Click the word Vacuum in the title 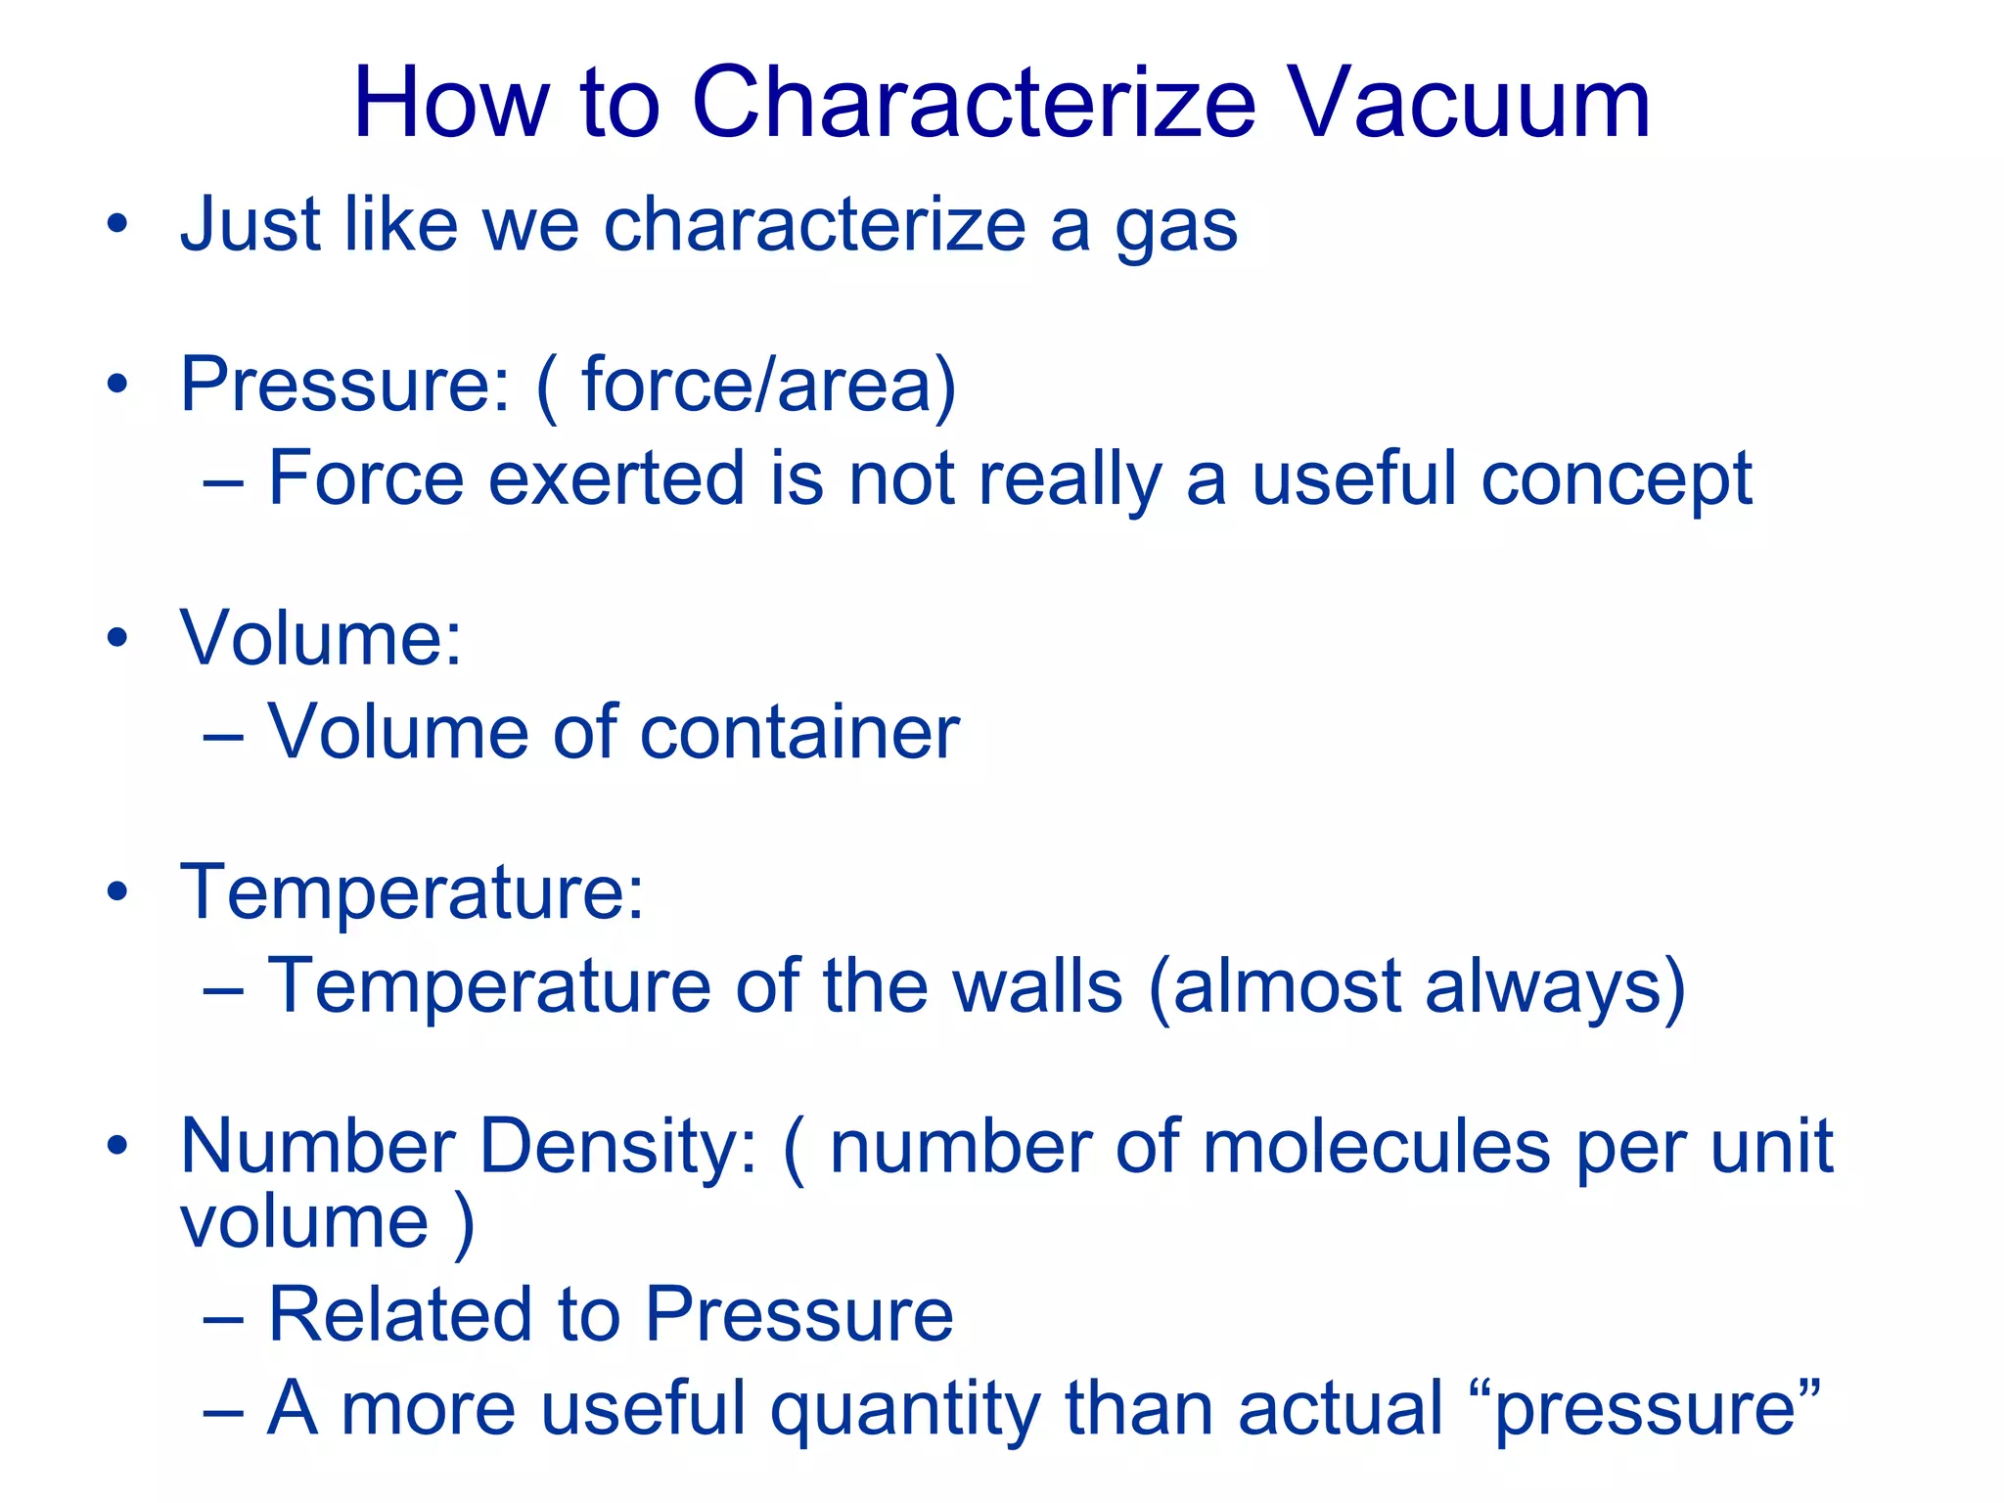1470,104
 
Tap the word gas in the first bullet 1176,227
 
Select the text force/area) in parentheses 768,385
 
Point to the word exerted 615,478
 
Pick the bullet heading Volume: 320,638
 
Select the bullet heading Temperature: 412,892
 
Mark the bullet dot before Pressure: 118,385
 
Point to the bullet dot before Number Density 118,1146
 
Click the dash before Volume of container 223,734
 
